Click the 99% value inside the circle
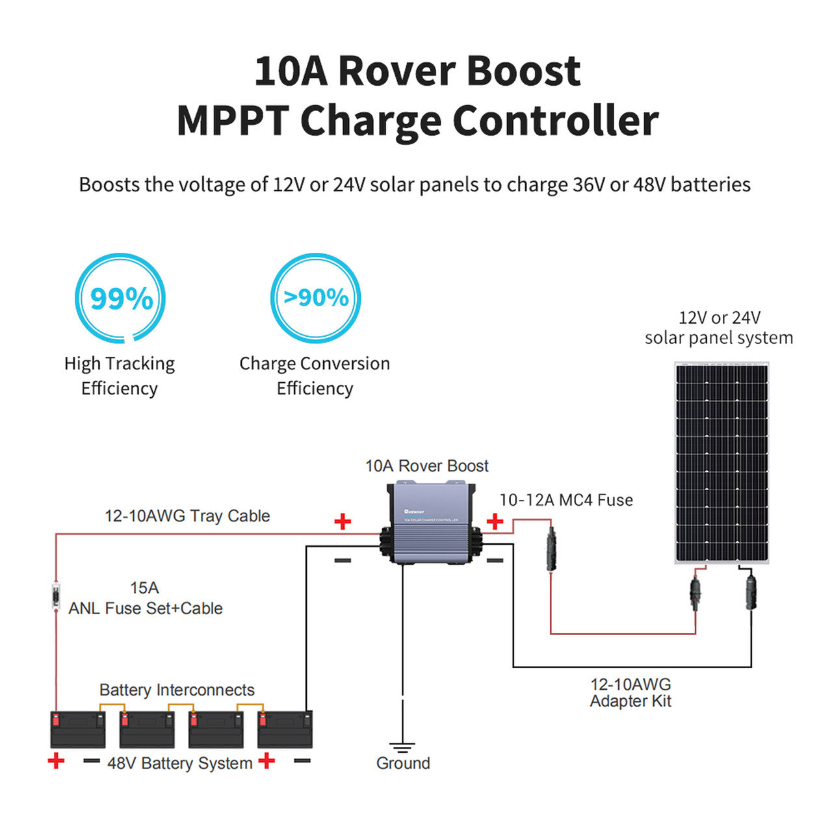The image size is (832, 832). pyautogui.click(x=122, y=298)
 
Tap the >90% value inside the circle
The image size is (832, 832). pyautogui.click(x=316, y=298)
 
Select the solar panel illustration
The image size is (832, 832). pyautogui.click(x=721, y=463)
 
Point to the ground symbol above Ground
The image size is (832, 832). pyautogui.click(x=402, y=747)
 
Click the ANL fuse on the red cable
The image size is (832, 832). pyautogui.click(x=56, y=597)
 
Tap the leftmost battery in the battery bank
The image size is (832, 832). pyautogui.click(x=78, y=729)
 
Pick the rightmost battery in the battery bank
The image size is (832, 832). pyautogui.click(x=285, y=729)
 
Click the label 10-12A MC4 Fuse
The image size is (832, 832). pyautogui.click(x=565, y=500)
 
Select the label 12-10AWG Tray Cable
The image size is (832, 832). pyautogui.click(x=187, y=516)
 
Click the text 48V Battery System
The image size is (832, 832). pyautogui.click(x=179, y=763)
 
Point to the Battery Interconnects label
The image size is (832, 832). pyautogui.click(x=177, y=690)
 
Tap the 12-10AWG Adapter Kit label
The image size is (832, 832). pyautogui.click(x=630, y=693)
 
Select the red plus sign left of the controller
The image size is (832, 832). pyautogui.click(x=343, y=521)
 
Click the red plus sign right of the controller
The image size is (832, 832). pyautogui.click(x=495, y=521)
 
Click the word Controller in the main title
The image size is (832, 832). pyautogui.click(x=556, y=121)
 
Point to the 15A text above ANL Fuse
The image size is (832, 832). pyautogui.click(x=144, y=588)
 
